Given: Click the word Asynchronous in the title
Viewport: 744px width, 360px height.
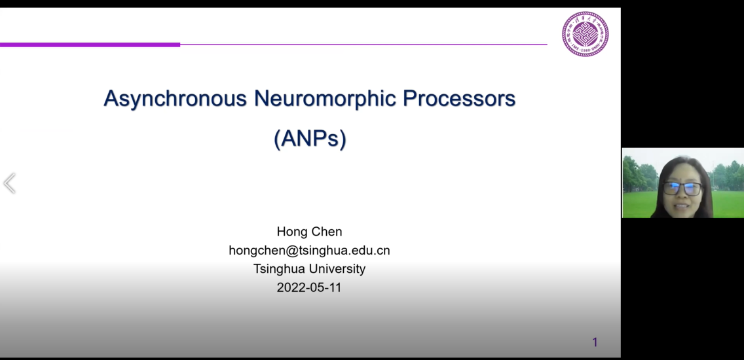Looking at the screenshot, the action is coord(175,99).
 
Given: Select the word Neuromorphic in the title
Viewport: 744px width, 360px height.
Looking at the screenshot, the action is coord(325,99).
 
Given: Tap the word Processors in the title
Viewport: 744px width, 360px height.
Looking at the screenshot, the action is coord(459,98).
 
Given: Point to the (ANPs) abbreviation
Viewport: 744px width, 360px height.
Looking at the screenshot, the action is coord(310,139).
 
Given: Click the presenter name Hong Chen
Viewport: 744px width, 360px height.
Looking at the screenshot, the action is coord(309,232).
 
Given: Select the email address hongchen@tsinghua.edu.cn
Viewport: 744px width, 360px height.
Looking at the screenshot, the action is coord(309,250).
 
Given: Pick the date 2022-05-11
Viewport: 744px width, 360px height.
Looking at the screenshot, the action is coord(309,287).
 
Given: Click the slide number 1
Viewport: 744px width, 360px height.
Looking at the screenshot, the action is coord(595,342).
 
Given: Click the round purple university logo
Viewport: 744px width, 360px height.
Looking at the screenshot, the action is coord(585,34).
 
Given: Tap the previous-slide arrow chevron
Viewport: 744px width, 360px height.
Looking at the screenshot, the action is coord(9,183).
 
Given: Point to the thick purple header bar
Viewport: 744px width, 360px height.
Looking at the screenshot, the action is coord(90,45).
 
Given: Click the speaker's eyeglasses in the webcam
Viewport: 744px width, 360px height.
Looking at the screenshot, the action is coord(682,189).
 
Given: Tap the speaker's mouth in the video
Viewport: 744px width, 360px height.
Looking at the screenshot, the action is coord(681,206).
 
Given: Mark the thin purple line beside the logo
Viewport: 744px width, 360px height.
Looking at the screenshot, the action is coord(363,45).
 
